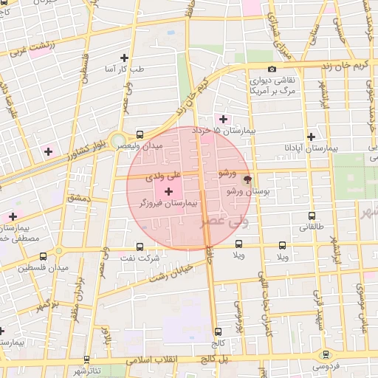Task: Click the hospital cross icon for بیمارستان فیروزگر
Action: [168, 192]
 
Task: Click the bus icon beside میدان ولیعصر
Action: [140, 134]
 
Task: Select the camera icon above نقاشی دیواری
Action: [272, 69]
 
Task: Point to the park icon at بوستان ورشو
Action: [247, 179]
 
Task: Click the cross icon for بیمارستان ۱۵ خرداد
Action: [223, 118]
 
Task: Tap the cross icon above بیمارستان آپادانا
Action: [311, 137]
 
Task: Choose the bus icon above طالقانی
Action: [311, 216]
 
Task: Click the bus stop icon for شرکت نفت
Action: [140, 247]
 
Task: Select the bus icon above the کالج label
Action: [217, 332]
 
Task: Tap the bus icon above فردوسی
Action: [326, 354]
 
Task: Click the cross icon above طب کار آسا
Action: [124, 57]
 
